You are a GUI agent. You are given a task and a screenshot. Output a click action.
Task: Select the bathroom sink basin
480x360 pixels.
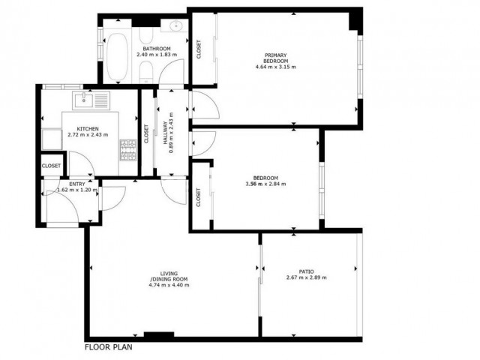pos(175,28)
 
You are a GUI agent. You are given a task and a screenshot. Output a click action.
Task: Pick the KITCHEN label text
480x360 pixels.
pos(87,128)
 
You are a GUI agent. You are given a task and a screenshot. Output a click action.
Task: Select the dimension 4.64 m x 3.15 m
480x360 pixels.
pos(276,67)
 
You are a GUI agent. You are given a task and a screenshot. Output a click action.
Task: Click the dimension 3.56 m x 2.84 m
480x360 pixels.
pos(265,184)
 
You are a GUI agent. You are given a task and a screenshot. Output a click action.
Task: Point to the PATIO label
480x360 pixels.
pos(306,271)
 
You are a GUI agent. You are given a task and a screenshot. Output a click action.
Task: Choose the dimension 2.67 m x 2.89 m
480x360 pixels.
pos(306,278)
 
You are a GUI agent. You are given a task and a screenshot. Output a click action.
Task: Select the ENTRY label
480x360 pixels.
pos(77,184)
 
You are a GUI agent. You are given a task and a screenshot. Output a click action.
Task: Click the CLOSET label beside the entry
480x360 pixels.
pos(52,166)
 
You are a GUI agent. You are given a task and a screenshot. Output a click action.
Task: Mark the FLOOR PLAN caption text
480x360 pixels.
pos(109,348)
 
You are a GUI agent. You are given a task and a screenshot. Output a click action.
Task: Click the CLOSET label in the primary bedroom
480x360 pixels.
pos(199,49)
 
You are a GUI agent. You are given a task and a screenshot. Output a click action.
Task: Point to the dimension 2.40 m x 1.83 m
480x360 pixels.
pos(156,55)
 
